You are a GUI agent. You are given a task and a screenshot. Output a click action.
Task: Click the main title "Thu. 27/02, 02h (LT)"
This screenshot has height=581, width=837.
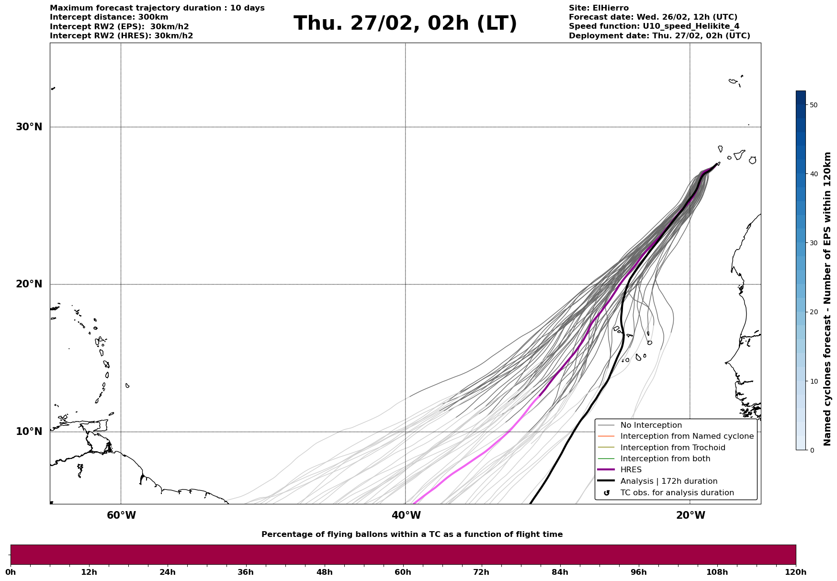(405, 23)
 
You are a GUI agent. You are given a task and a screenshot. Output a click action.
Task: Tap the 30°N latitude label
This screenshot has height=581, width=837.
(29, 127)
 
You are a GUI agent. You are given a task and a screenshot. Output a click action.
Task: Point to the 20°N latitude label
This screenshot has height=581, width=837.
(29, 284)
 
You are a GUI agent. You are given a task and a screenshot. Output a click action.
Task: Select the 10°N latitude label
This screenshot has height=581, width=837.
(29, 432)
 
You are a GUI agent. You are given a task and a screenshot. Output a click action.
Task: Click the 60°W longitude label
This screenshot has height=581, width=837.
(121, 515)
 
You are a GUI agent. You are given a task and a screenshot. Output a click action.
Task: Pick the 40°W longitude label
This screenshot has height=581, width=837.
(406, 515)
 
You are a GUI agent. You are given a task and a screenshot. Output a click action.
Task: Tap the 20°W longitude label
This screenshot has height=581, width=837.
(690, 515)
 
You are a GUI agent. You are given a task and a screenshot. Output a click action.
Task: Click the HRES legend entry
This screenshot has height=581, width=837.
(631, 470)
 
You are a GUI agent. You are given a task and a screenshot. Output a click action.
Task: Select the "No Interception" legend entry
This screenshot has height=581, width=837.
(651, 425)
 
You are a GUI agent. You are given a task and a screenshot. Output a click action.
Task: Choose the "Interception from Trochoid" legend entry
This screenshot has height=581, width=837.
(672, 448)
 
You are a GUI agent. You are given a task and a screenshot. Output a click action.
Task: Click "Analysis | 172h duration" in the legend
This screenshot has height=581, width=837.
(668, 481)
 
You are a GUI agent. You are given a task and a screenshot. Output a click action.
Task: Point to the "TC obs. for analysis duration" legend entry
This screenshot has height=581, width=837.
(677, 493)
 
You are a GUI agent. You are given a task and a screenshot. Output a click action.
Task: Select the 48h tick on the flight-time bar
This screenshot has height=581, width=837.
(324, 572)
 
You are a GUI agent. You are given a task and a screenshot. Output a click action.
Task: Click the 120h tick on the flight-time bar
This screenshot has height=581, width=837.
(795, 572)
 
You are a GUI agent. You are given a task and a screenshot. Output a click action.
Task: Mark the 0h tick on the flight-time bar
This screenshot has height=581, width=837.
(11, 572)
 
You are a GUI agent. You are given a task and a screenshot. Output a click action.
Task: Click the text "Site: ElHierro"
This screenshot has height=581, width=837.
(599, 8)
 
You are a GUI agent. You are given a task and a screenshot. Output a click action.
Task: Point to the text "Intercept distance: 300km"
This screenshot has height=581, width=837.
(109, 17)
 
